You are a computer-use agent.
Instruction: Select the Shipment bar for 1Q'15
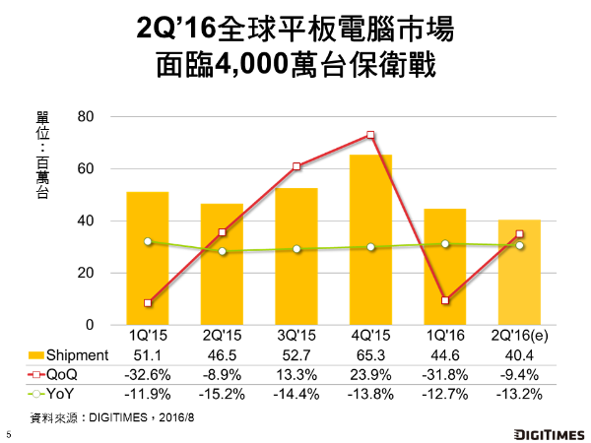point(147,261)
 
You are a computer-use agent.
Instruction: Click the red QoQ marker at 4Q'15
point(370,135)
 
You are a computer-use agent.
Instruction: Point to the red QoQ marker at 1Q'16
point(445,300)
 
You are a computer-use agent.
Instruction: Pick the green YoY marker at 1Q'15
point(147,241)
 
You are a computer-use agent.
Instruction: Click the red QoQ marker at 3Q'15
point(296,166)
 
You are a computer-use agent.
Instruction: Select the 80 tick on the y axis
point(85,117)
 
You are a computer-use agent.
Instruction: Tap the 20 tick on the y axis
point(85,273)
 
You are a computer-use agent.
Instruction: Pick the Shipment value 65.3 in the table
point(371,353)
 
